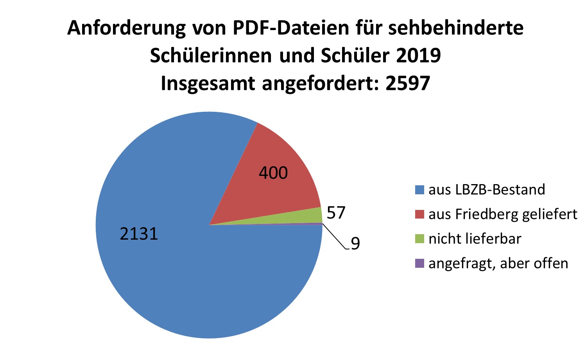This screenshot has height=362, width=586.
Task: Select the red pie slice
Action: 274,184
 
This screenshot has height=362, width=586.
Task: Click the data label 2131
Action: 139,234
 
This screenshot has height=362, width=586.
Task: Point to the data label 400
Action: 273,173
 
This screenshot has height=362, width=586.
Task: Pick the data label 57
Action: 336,213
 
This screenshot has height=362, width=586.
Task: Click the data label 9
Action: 355,244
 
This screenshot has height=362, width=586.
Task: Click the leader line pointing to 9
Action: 334,237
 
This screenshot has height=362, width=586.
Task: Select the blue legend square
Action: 419,190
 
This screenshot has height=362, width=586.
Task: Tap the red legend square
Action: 419,214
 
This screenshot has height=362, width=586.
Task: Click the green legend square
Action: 419,239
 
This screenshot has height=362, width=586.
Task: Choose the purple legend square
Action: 419,263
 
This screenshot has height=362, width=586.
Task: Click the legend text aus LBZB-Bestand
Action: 487,190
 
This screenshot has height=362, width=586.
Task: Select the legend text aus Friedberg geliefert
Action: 503,214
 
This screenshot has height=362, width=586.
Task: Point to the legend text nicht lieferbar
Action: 475,239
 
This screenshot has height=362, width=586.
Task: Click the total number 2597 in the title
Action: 407,83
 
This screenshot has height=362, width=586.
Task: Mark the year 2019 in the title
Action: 418,56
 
